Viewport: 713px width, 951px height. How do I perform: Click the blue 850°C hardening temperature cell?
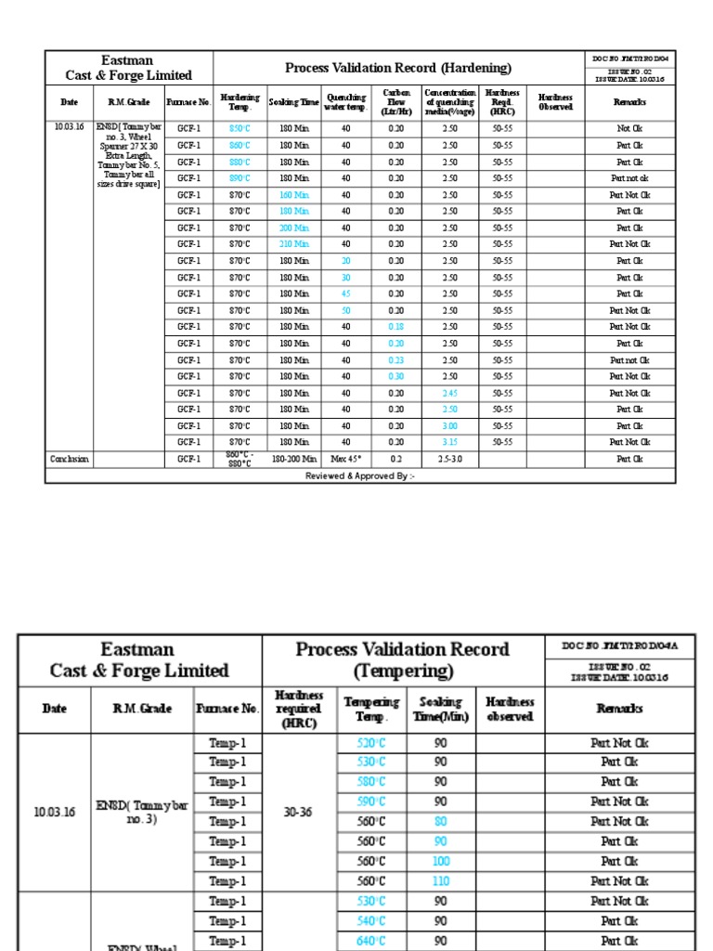tap(240, 129)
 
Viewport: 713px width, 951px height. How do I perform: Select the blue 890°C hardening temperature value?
tap(240, 178)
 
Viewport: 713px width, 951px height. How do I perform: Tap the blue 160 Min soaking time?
tap(293, 195)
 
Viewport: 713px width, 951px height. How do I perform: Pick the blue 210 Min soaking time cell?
tap(293, 244)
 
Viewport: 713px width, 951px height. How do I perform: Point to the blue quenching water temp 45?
tap(345, 293)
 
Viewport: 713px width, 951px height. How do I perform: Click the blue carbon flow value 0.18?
tap(396, 327)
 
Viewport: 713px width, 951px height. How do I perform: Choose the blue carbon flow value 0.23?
tap(396, 360)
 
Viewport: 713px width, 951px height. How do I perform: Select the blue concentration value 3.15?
tap(449, 442)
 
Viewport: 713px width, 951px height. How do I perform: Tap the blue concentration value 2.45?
tap(449, 393)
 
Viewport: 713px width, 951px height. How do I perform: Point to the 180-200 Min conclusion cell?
tap(293, 459)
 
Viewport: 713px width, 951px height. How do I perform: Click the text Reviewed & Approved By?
tap(360, 475)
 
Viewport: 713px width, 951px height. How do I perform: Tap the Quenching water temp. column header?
tap(345, 102)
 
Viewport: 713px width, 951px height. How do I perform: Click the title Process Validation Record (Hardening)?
tap(397, 68)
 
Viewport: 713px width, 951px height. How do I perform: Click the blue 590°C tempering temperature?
tap(371, 801)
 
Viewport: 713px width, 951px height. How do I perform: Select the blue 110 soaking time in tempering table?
tap(441, 881)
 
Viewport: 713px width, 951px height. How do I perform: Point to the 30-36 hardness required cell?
tap(298, 812)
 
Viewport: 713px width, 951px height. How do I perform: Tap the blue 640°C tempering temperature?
tap(371, 941)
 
